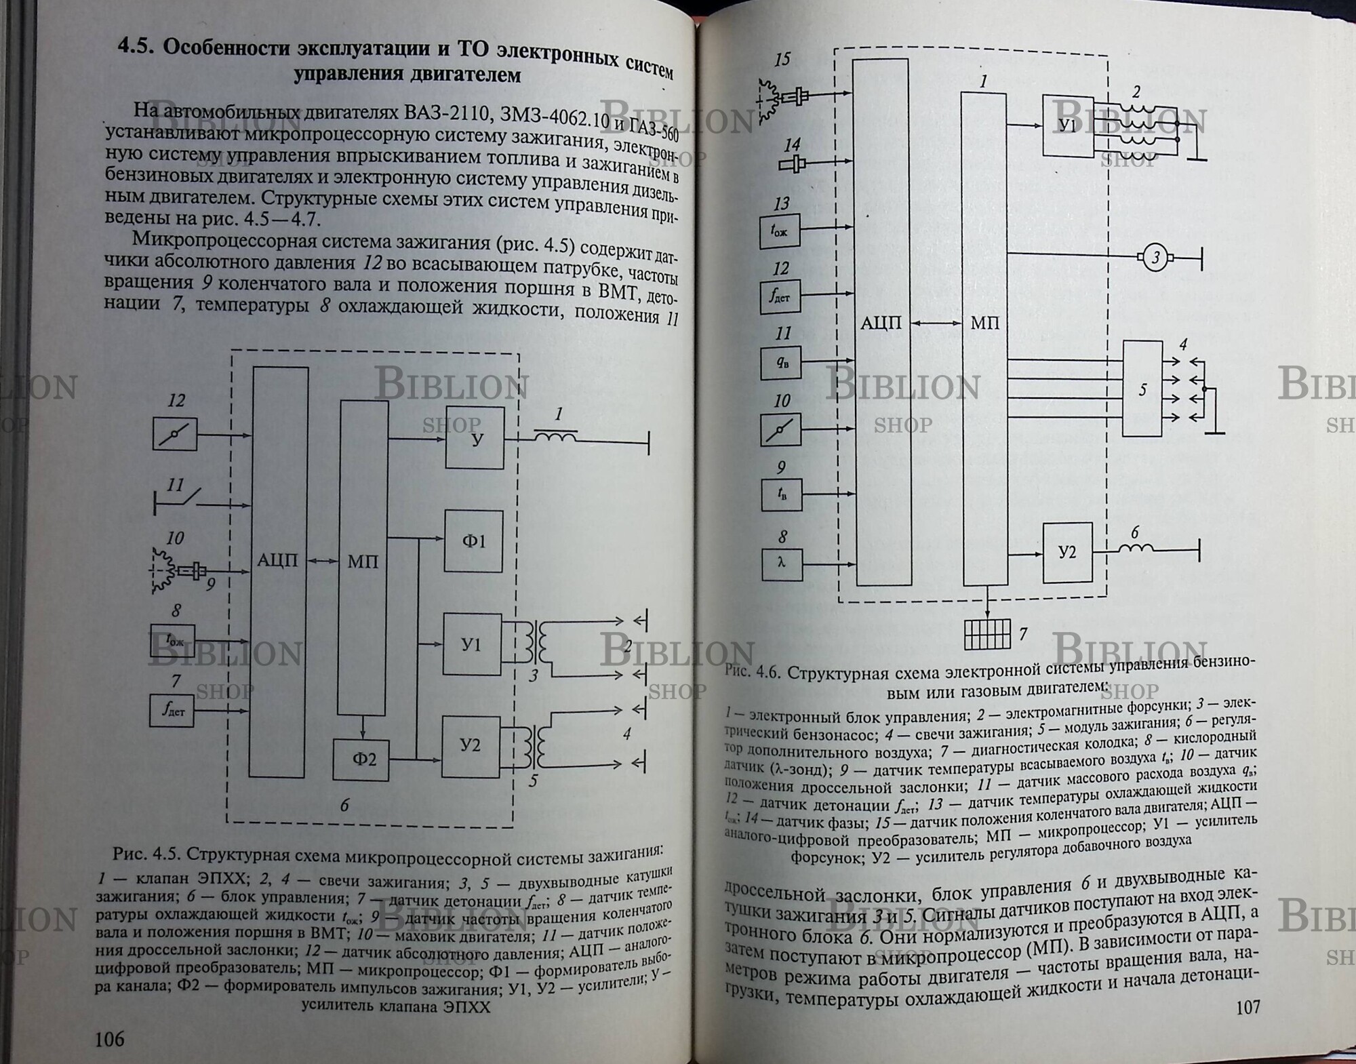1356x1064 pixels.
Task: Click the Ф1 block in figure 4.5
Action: (473, 542)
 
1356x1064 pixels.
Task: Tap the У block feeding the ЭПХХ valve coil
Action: (475, 438)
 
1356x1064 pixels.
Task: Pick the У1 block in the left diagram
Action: (472, 644)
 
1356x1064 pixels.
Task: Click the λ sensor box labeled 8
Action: (782, 564)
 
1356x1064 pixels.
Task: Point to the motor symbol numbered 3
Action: (1155, 258)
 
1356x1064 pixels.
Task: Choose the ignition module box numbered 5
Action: (1142, 389)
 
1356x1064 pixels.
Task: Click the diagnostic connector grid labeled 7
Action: (986, 633)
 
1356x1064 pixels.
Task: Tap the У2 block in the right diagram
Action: (1067, 553)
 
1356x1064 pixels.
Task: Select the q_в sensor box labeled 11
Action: (782, 363)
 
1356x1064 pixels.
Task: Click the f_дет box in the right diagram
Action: (780, 296)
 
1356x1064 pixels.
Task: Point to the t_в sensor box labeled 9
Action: (782, 495)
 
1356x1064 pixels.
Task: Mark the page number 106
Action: (109, 1038)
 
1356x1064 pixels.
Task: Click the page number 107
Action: (1248, 1006)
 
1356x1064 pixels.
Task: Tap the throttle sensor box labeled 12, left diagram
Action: (175, 435)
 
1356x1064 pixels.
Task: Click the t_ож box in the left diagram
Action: (172, 640)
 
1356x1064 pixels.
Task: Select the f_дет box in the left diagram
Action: (172, 711)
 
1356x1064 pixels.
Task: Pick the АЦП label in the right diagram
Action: (881, 323)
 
